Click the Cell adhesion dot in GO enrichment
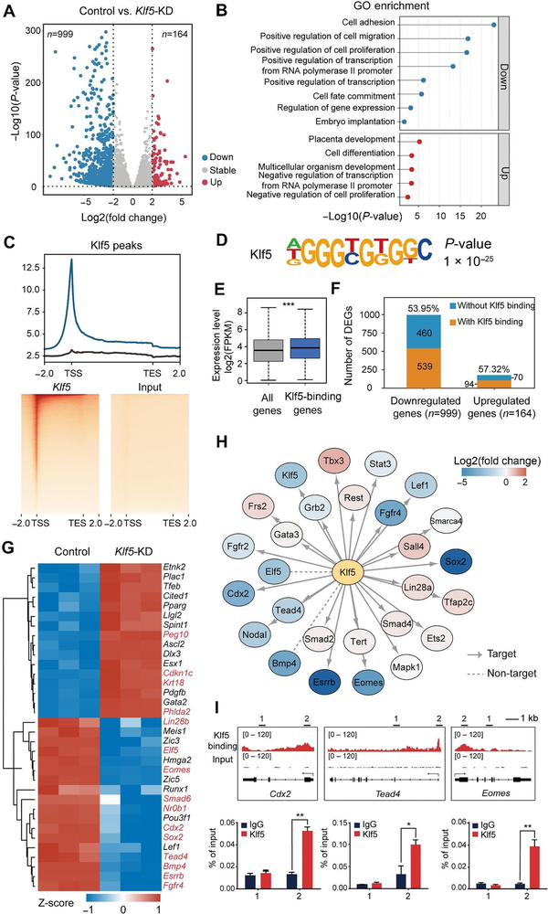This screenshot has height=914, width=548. [x=493, y=26]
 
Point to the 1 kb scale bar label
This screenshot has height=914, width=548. [x=524, y=762]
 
